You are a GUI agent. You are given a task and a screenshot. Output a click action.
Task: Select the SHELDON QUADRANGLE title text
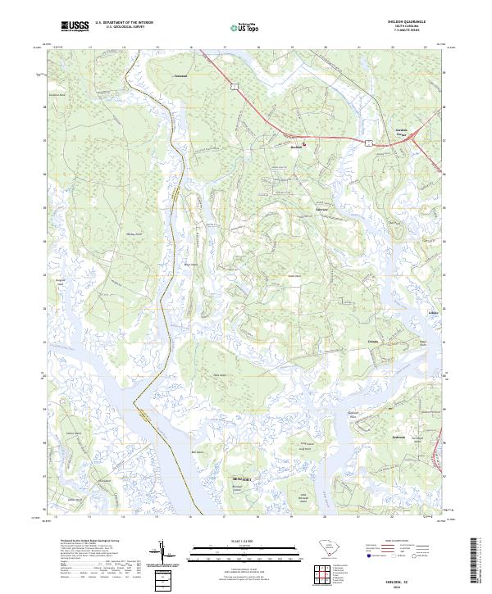coord(407,22)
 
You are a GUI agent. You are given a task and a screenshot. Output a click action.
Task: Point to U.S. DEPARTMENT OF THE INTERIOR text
coord(124,23)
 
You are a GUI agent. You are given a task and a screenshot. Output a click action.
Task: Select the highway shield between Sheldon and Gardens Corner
coord(371,142)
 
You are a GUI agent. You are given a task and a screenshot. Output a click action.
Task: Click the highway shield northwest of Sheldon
coord(234,84)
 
